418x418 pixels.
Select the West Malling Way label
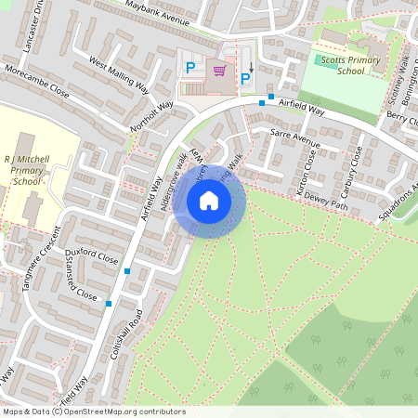coord(119,76)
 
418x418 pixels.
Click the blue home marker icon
coord(208,200)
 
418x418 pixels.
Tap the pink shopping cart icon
coord(220,71)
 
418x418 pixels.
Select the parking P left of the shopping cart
coord(190,67)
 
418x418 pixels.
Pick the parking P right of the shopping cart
coord(245,80)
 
